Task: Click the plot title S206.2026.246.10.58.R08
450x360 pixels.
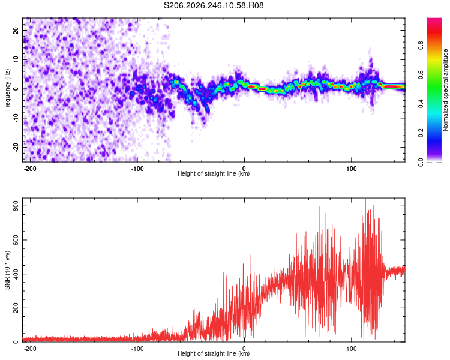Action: [214, 5]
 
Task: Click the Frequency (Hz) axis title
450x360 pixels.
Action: [7, 90]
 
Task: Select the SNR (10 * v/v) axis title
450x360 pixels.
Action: [7, 270]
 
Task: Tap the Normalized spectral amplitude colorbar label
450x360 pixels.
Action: [445, 90]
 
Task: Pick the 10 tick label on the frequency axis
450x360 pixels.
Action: [16, 59]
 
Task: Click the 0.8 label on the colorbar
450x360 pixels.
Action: [421, 45]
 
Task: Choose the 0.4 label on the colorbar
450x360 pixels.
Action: [421, 104]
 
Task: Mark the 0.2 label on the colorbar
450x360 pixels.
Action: [421, 133]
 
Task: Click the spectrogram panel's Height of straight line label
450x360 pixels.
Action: [214, 173]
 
